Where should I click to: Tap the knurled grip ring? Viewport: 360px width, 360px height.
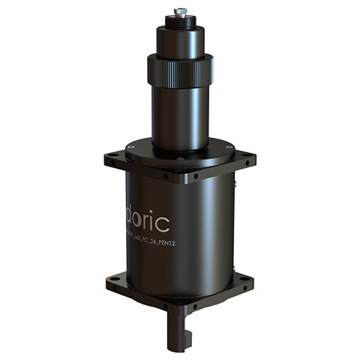(180, 70)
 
